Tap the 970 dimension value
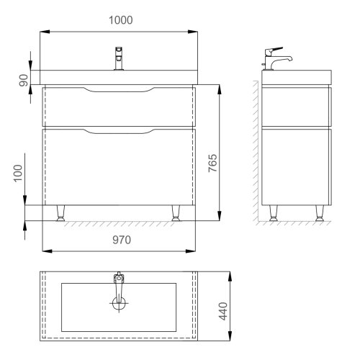pos(119,241)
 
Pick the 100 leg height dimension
pos(20,174)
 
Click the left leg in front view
pos(61,212)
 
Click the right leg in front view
pos(175,212)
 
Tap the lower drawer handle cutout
pos(119,131)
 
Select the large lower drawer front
pos(119,169)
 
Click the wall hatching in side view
pos(256,144)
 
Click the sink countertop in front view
pos(119,77)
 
